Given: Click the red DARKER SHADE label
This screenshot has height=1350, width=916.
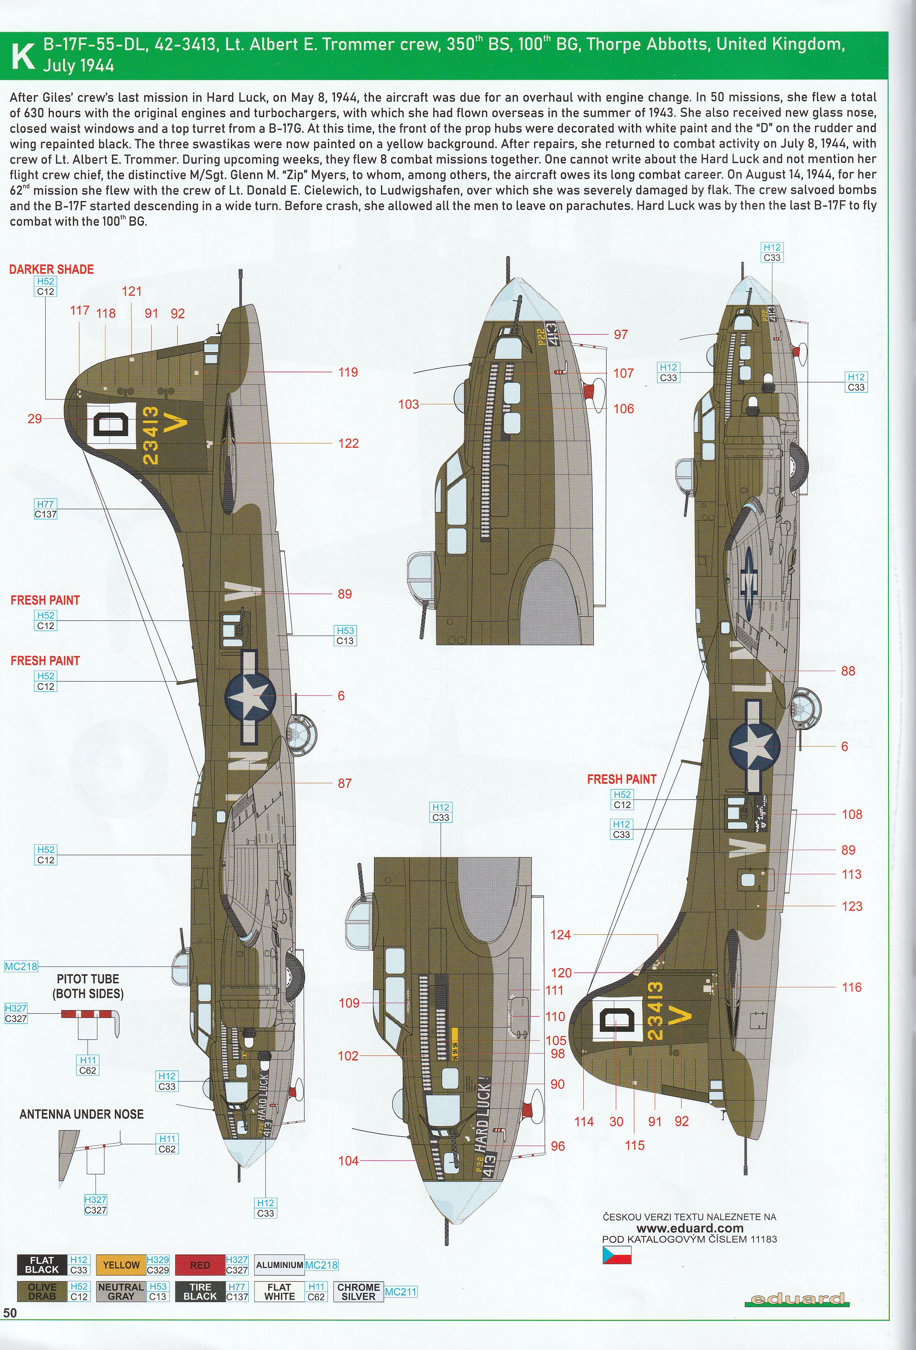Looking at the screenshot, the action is coord(51,269).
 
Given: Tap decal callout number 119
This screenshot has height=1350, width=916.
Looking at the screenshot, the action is coord(348,372).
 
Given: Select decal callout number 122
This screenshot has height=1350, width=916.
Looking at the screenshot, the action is coord(348,444).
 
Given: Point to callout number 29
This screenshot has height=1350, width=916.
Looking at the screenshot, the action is coord(35,418).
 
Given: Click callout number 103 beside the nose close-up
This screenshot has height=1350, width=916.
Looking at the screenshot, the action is coord(408,404).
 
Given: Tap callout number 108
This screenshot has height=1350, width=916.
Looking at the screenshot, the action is coord(852,815).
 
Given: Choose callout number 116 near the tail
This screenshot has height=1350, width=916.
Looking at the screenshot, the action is coord(852,987).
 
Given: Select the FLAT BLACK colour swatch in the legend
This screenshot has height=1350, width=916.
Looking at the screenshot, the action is coord(42,1265).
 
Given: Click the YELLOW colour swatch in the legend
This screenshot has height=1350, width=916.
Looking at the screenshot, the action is coord(121,1265).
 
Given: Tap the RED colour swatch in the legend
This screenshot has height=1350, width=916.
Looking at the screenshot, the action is coord(200,1265).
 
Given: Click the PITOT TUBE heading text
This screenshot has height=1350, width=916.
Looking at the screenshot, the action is coord(88,979).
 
